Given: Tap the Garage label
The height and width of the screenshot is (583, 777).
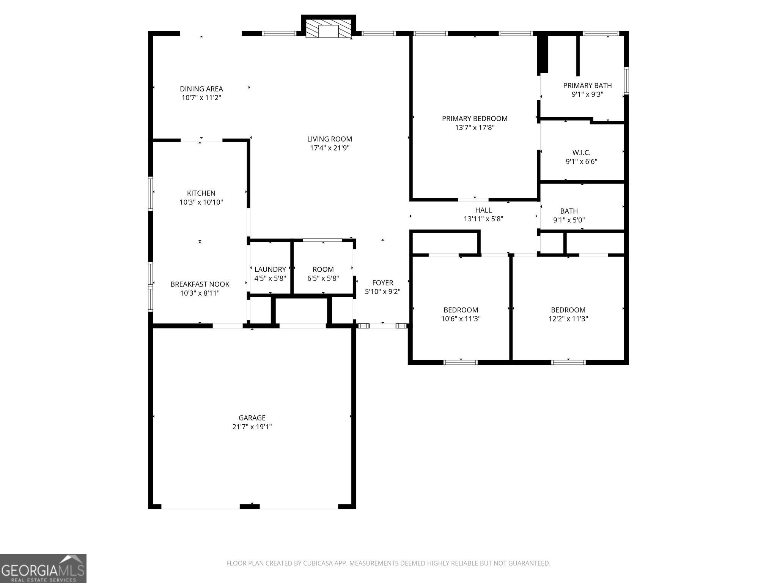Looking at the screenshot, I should [x=252, y=418].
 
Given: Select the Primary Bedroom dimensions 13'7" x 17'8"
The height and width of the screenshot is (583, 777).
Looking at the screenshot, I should [x=475, y=128].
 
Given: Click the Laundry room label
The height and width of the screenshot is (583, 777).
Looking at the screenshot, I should [x=270, y=269].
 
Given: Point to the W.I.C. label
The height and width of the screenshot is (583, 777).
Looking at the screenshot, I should [x=581, y=153].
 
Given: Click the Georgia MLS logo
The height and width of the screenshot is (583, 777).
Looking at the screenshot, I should [x=43, y=568].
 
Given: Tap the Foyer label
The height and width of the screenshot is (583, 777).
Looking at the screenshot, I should [x=382, y=282].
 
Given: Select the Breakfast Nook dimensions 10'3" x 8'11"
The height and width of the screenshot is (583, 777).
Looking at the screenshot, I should [x=200, y=293].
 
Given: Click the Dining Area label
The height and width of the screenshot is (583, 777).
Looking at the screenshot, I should [x=201, y=89].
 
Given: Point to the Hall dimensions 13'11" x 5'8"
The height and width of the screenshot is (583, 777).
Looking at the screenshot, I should [x=483, y=219].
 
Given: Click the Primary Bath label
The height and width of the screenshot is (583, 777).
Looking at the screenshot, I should [x=587, y=85].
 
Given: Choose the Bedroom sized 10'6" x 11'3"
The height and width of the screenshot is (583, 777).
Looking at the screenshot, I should [x=461, y=314].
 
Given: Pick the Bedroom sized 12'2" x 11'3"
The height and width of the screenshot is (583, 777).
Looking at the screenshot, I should [x=568, y=314].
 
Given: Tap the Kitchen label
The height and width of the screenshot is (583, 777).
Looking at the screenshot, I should [x=201, y=193].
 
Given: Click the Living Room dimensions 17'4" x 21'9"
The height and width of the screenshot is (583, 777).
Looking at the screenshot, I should [x=329, y=148].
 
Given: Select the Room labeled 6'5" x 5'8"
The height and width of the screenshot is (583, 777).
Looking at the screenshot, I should [x=323, y=273].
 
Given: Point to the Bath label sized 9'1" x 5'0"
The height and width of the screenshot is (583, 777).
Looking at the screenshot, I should [x=569, y=211].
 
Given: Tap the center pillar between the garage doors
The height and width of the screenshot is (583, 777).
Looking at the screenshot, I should [x=250, y=506].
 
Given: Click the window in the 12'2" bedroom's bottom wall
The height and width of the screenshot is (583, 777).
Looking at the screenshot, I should [x=568, y=362].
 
